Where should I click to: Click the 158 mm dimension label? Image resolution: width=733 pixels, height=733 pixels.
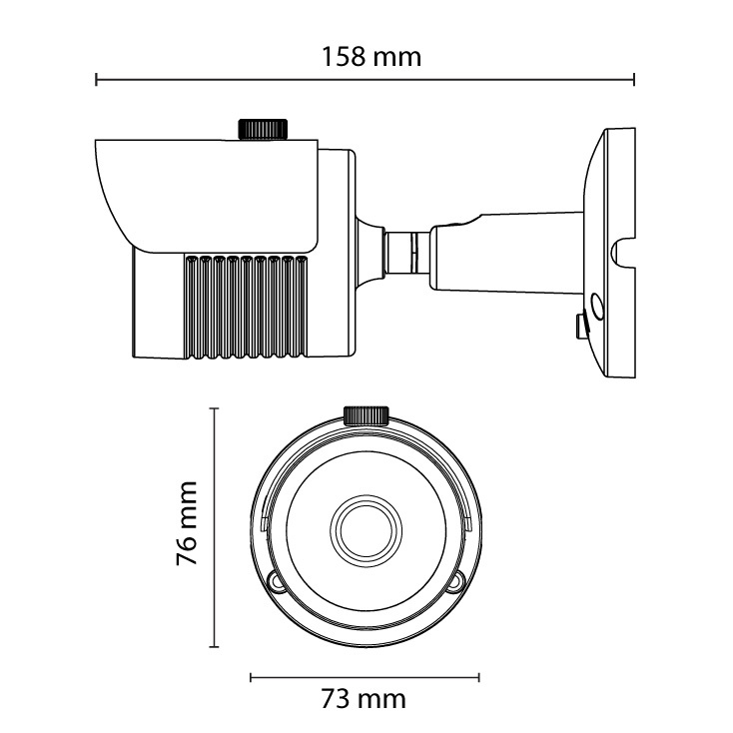pyautogui.click(x=371, y=57)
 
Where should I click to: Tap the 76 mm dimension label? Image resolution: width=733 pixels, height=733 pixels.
pyautogui.click(x=187, y=522)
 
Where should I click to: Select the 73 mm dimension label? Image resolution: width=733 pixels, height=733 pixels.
pyautogui.click(x=364, y=699)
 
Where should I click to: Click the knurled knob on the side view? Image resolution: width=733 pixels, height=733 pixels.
pyautogui.click(x=263, y=129)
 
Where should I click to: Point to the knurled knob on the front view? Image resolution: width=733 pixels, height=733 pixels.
pyautogui.click(x=366, y=415)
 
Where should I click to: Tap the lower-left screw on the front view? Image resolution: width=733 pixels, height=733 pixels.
pyautogui.click(x=276, y=582)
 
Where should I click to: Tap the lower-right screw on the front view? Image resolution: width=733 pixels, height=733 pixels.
pyautogui.click(x=456, y=582)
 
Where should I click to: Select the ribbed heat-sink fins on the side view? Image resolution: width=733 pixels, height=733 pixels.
pyautogui.click(x=247, y=308)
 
